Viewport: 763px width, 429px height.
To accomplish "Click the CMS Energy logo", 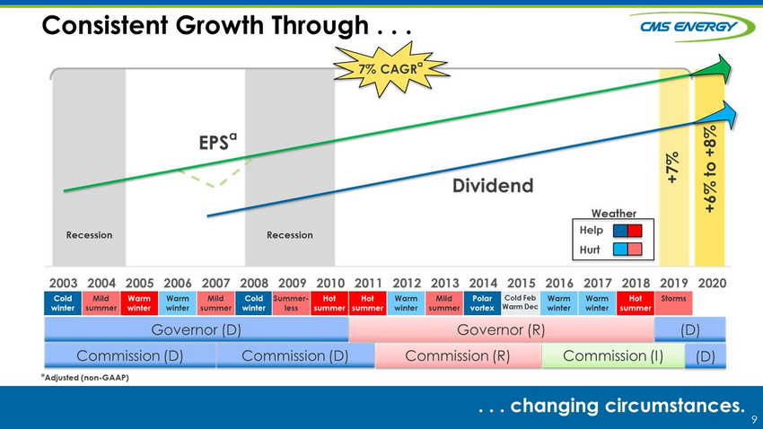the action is click(692, 26).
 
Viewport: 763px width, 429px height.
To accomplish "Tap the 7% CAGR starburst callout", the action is click(390, 68).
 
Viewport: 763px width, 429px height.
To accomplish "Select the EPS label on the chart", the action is click(217, 142).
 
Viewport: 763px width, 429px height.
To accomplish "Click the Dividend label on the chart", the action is click(493, 185).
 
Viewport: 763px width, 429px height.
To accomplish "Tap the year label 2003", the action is click(63, 283).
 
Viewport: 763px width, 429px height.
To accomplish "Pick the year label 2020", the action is click(712, 283).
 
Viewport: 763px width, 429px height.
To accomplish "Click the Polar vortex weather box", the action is click(482, 303).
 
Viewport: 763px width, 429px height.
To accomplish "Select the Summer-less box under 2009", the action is click(291, 303).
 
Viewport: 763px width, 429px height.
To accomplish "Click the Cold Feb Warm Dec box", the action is click(520, 303).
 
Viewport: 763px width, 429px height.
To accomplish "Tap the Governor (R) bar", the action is click(501, 329).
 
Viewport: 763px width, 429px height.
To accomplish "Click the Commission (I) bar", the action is click(613, 356).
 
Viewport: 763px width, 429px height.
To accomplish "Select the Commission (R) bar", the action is click(458, 356).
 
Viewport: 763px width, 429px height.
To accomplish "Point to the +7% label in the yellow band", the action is click(673, 168).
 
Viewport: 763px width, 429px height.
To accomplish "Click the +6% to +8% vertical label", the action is click(710, 169).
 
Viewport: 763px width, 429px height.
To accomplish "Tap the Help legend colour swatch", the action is click(627, 231).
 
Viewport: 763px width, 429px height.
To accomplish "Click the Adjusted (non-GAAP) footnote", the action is click(85, 378).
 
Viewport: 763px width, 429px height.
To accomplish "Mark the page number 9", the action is click(754, 419).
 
